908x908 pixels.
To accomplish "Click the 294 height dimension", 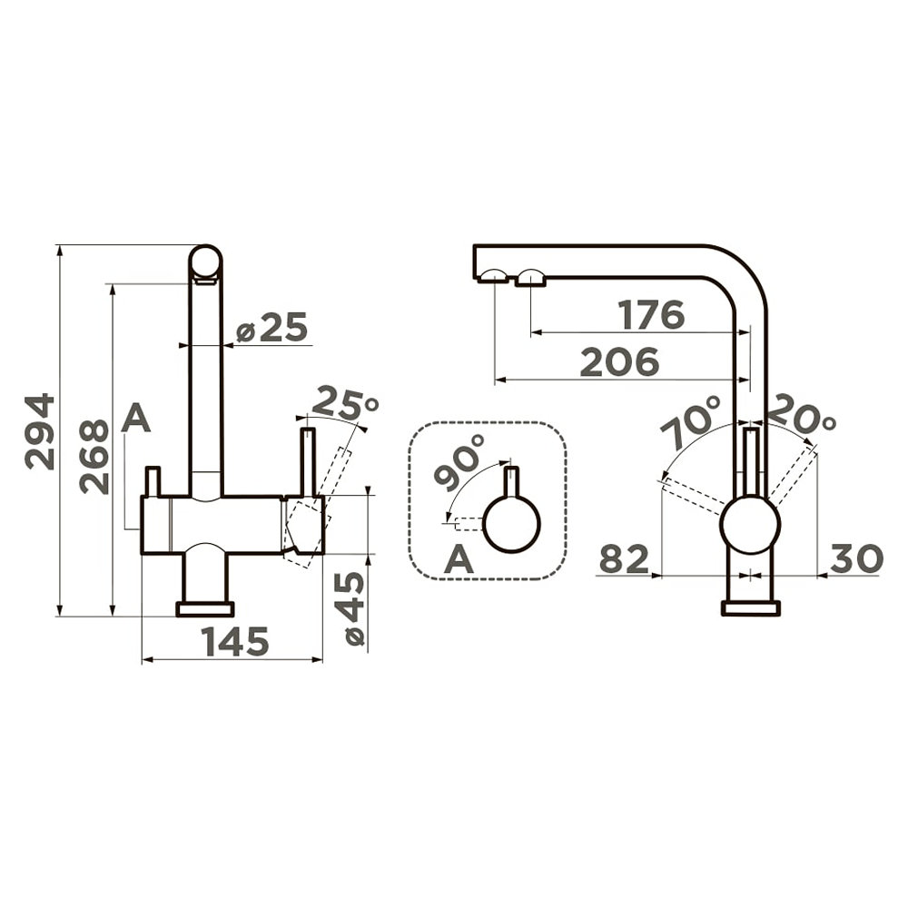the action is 40,430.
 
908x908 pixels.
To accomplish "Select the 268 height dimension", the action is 94,457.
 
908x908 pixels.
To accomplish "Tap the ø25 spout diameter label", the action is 271,328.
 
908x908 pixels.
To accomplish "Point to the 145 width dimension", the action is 234,641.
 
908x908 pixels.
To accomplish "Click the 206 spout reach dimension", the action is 619,362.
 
